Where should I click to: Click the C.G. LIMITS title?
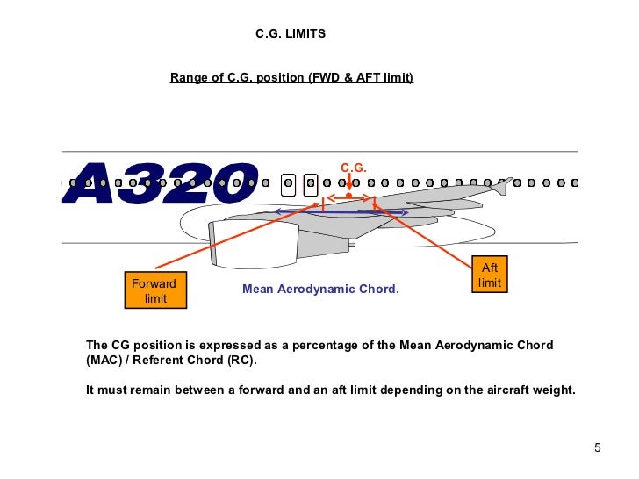(x=291, y=34)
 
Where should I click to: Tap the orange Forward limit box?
(x=154, y=291)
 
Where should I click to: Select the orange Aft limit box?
(x=490, y=275)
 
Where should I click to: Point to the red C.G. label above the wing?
(x=353, y=168)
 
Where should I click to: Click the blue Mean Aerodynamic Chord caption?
(x=320, y=289)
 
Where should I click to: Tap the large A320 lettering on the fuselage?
(x=162, y=183)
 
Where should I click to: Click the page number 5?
(x=598, y=449)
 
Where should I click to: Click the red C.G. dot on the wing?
(x=349, y=196)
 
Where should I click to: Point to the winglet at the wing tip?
(x=503, y=185)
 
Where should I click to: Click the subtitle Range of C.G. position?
(x=237, y=78)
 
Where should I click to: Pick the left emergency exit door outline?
(x=288, y=184)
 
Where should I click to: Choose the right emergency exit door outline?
(x=310, y=184)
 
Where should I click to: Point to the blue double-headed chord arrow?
(x=341, y=212)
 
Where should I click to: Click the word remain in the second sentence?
(x=145, y=390)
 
